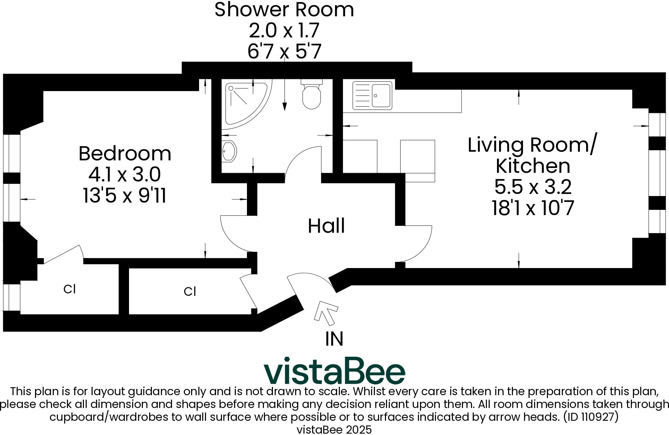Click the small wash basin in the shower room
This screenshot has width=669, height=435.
pyautogui.click(x=229, y=151)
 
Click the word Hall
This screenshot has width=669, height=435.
pyautogui.click(x=326, y=226)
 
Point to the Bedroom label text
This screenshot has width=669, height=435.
pyautogui.click(x=125, y=153)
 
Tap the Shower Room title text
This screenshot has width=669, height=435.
pyautogui.click(x=284, y=9)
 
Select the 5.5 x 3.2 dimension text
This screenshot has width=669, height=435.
pyautogui.click(x=532, y=187)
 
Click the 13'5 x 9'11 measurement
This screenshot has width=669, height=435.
pyautogui.click(x=125, y=196)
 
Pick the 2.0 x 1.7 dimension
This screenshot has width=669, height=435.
pyautogui.click(x=284, y=30)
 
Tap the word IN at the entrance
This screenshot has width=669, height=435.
pyautogui.click(x=334, y=339)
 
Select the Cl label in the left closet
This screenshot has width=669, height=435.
pyautogui.click(x=69, y=289)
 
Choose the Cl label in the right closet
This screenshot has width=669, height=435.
pyautogui.click(x=190, y=292)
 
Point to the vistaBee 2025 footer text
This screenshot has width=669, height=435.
pyautogui.click(x=334, y=430)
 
